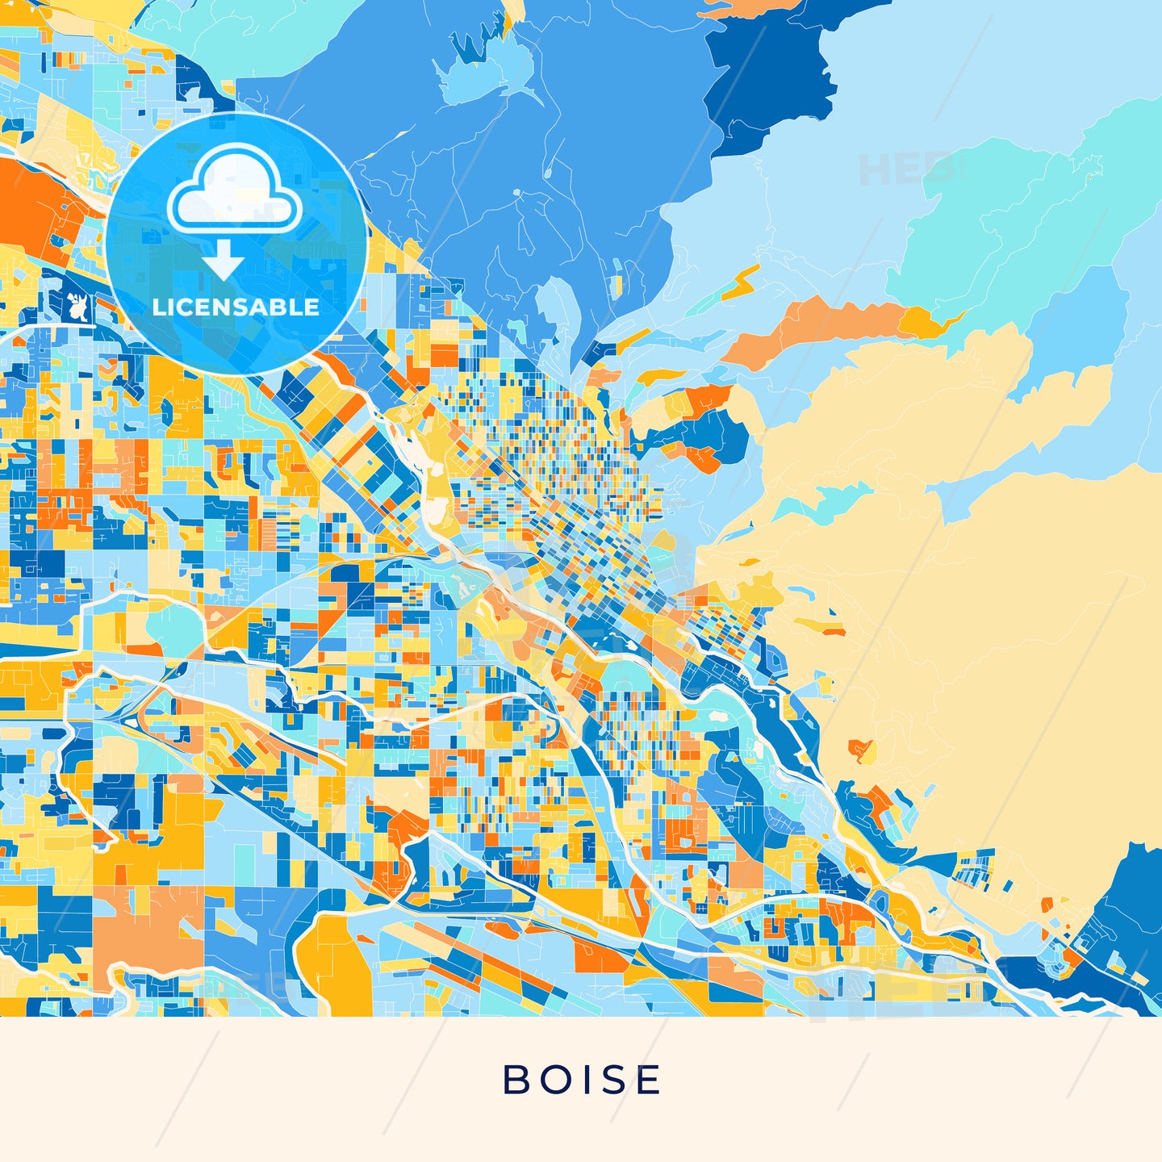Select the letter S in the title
616,1080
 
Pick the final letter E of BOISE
649,1080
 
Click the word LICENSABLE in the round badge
236,307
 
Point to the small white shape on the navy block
78,307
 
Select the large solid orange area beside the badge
36,202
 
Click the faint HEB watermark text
904,170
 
